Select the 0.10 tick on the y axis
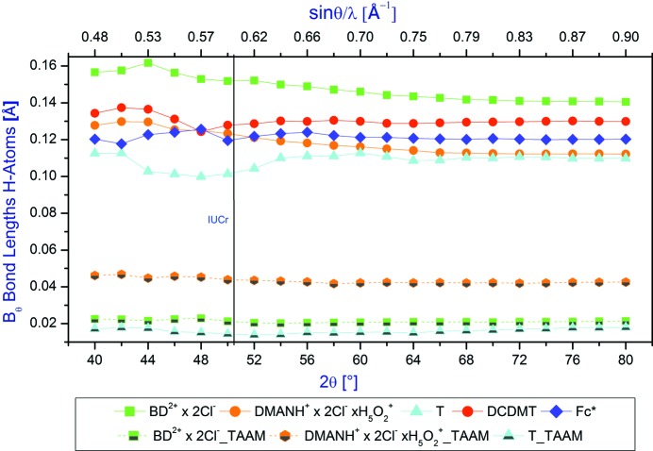pyautogui.click(x=56, y=176)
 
